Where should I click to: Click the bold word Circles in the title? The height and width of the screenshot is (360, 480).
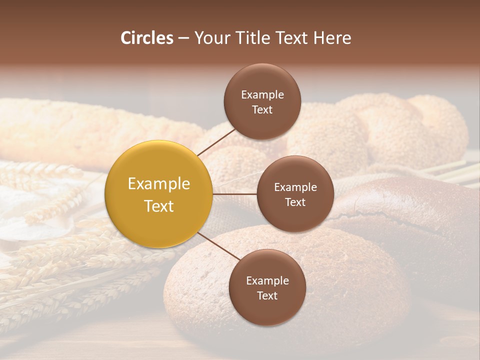pos(147,38)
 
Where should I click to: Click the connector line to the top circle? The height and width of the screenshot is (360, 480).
pos(216,141)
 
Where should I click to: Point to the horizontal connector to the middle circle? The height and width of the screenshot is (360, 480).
pos(234,194)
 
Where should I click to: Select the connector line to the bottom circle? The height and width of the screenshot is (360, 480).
pos(218,245)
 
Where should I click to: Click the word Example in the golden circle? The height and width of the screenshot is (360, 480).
pos(159,184)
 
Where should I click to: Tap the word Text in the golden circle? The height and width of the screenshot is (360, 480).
pos(159,206)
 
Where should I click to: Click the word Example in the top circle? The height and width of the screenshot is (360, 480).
pos(262,94)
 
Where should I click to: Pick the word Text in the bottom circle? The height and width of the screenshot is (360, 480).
pos(267,295)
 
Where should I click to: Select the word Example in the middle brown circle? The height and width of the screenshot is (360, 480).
pos(295,187)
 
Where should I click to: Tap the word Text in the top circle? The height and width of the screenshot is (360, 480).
pos(262,109)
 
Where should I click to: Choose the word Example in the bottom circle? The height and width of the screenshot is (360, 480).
pos(267,280)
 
